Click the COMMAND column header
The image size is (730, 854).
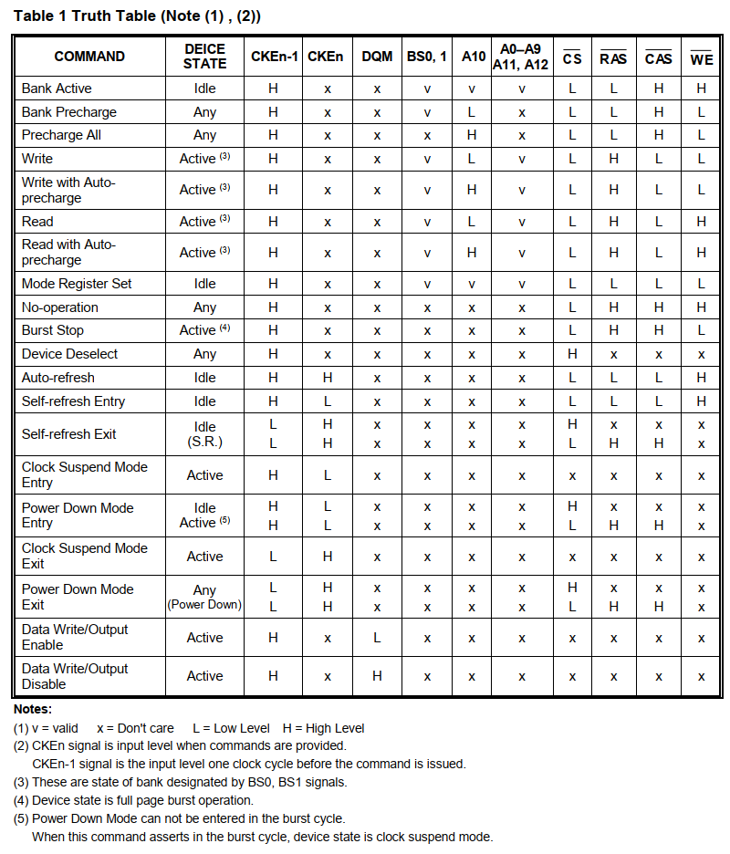coord(89,57)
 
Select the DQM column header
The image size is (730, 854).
coord(377,57)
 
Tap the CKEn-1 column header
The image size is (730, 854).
coord(273,57)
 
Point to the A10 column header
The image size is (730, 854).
coord(473,57)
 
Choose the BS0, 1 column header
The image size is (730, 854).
coord(426,57)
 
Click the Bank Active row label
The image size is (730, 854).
coord(57,89)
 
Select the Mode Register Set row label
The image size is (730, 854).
coord(77,284)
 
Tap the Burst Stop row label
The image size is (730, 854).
coord(53,330)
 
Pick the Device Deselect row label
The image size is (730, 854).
coord(69,354)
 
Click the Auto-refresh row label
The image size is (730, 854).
coord(57,378)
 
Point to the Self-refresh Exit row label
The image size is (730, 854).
coord(68,434)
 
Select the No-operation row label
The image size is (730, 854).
coord(59,307)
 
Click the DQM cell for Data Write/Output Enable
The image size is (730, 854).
coord(377,638)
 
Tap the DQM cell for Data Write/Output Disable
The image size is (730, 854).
coord(377,676)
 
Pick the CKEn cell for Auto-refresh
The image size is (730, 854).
coord(326,378)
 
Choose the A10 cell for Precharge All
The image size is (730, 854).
coord(472,135)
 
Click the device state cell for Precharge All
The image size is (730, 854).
coord(205,135)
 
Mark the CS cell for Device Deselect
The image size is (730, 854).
coord(572,354)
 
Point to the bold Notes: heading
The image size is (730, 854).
coord(33,709)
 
